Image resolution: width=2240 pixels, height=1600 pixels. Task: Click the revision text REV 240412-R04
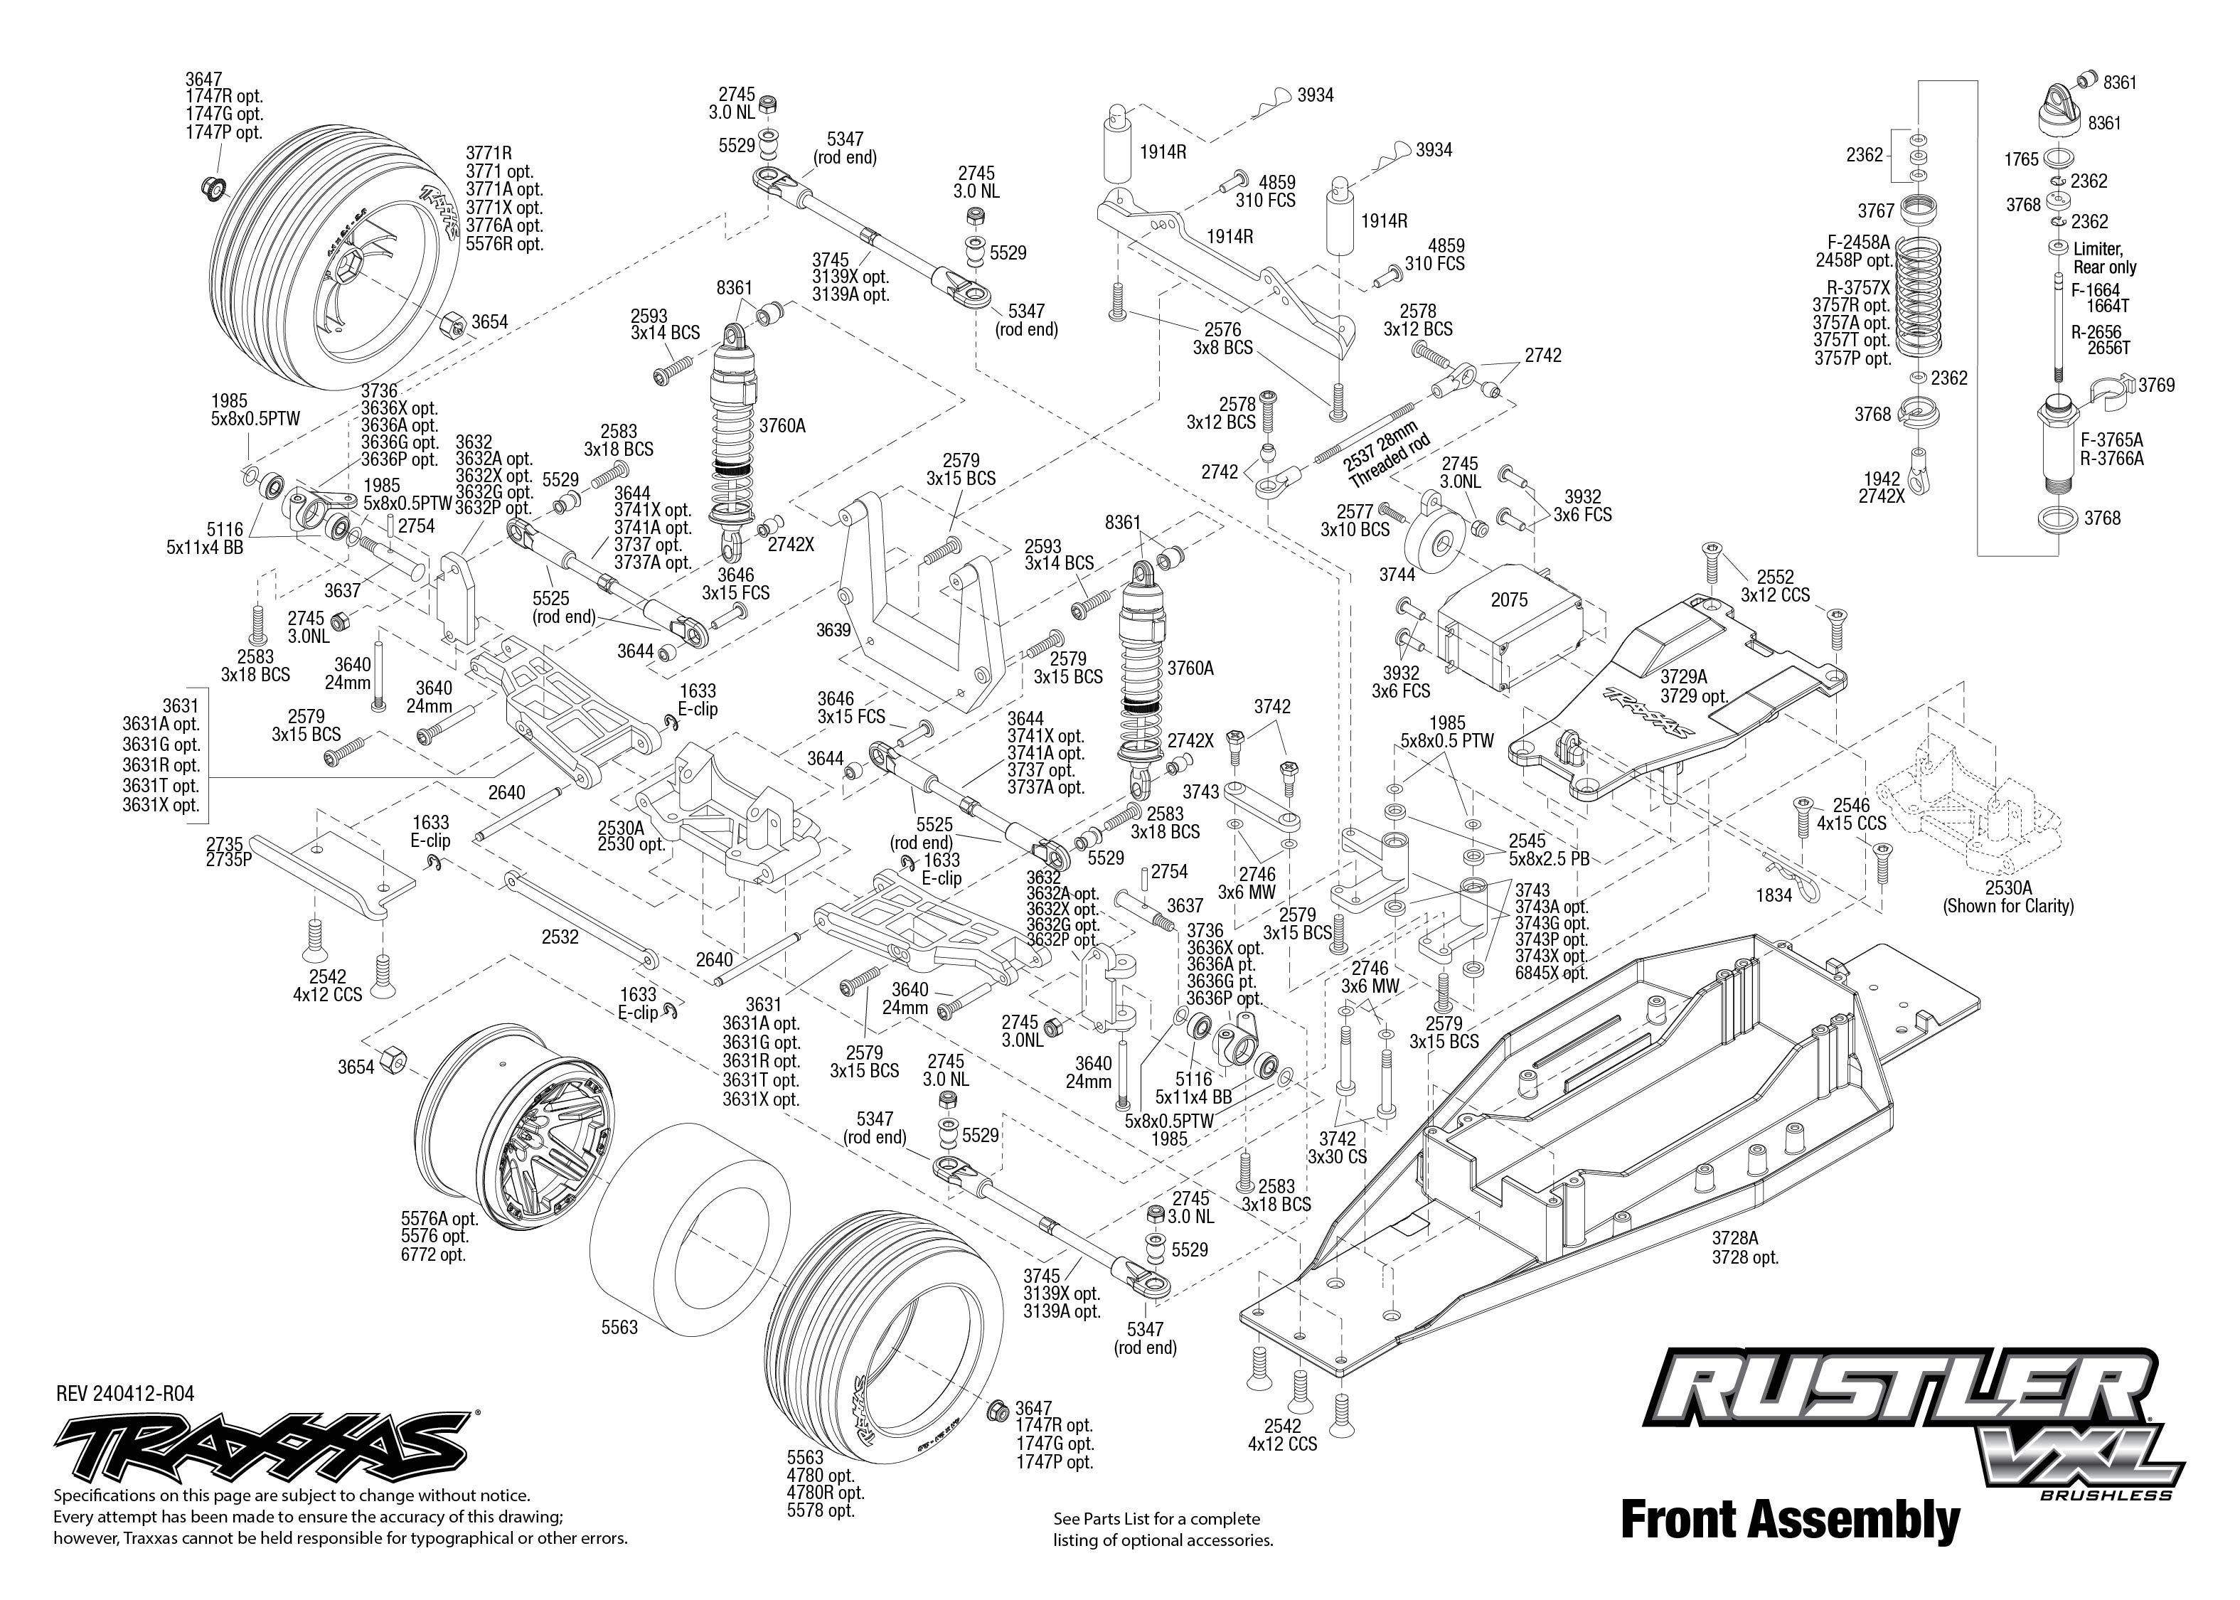point(125,1394)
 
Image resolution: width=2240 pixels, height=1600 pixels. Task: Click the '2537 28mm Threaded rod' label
point(1385,453)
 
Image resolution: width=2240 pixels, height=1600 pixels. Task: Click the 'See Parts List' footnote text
point(1163,1529)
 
